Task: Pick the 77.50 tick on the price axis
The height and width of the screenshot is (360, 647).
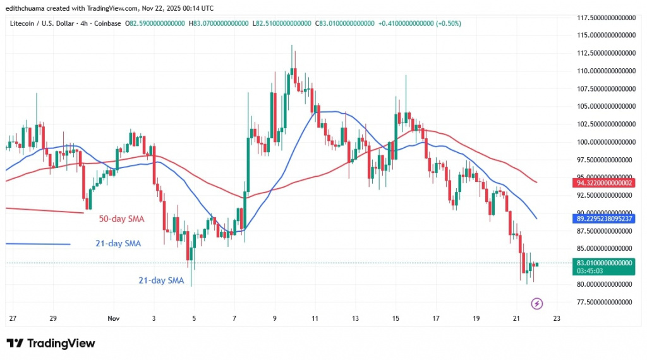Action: point(605,302)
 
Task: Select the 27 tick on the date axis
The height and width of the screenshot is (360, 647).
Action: point(13,319)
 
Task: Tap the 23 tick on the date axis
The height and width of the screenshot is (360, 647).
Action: point(557,319)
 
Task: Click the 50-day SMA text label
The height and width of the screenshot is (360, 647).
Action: point(121,219)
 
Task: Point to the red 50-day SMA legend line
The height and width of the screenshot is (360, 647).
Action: point(44,210)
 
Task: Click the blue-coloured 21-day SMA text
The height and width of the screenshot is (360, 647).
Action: point(161,280)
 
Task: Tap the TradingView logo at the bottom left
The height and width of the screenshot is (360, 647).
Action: point(51,343)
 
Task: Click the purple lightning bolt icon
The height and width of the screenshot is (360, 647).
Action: point(536,304)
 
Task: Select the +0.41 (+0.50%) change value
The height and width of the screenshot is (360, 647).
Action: point(420,23)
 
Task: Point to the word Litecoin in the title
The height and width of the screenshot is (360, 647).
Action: point(23,23)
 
